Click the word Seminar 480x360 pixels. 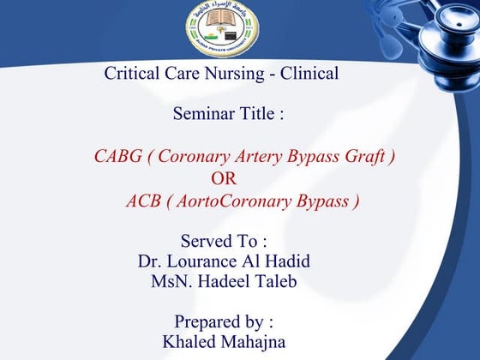[x=203, y=113]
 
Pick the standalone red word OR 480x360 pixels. [x=224, y=179]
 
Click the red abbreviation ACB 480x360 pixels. [x=143, y=201]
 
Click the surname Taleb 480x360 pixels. [x=276, y=280]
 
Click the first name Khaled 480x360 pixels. [x=190, y=342]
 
